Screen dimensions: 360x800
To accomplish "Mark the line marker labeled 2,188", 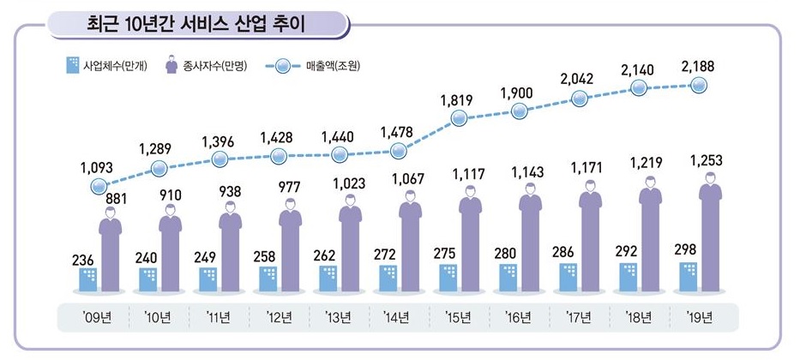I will (x=699, y=85).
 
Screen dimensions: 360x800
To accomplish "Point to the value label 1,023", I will (x=349, y=183).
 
